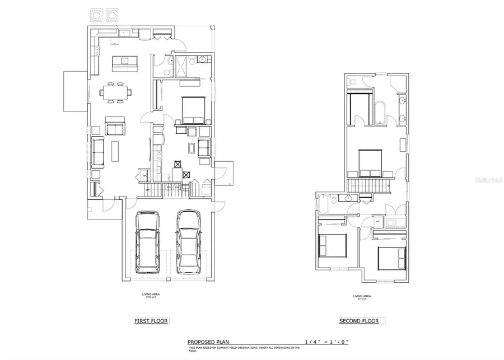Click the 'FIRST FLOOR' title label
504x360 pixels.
151,321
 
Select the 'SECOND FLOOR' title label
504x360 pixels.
358,321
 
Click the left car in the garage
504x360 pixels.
147,242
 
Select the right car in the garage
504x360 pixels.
188,242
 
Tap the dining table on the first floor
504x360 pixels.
115,92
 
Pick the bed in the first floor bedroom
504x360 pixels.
192,110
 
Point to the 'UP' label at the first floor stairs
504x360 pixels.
147,190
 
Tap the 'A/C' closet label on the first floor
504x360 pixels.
144,176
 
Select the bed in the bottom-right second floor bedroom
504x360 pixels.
392,257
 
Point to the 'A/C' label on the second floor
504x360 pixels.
378,222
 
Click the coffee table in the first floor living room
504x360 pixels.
116,151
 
